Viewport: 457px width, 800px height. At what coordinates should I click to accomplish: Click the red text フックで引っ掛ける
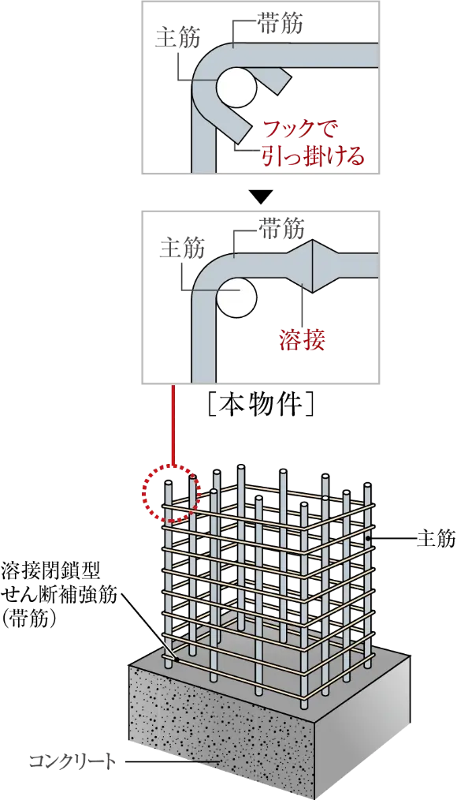[313, 143]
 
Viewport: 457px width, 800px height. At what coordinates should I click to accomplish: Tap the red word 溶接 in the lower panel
[302, 338]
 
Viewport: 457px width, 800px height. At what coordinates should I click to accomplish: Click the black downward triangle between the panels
[260, 196]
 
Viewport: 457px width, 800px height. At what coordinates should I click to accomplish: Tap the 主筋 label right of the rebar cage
[436, 538]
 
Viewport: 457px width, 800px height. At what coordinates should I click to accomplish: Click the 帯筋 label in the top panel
[281, 24]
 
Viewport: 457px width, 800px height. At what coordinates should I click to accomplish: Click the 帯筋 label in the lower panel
[281, 229]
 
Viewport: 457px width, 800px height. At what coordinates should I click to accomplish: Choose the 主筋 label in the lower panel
[182, 248]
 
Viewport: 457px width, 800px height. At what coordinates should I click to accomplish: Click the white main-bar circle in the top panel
[236, 88]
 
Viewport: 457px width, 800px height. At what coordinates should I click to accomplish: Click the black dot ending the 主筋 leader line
[368, 538]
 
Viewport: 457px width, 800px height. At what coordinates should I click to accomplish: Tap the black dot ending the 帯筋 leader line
[176, 660]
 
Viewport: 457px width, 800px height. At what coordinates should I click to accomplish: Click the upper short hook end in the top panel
[276, 80]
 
